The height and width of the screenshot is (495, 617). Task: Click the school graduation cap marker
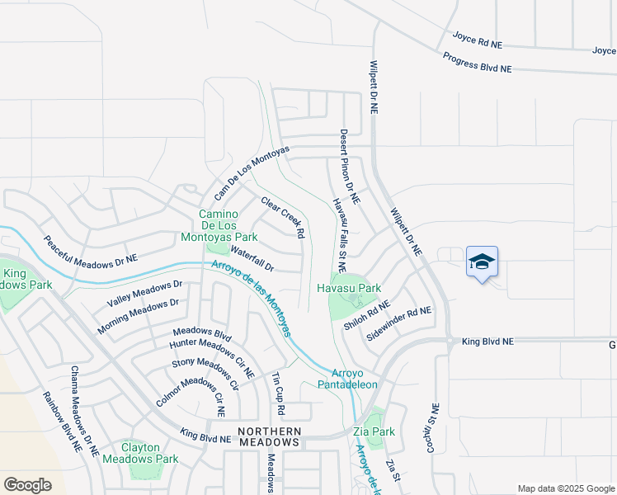click(482, 262)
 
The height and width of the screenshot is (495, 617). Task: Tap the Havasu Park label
click(349, 288)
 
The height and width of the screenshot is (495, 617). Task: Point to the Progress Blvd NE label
click(477, 62)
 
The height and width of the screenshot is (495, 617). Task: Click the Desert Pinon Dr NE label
click(350, 167)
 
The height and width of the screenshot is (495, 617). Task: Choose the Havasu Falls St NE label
click(338, 234)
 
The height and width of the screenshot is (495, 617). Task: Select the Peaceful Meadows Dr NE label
click(90, 251)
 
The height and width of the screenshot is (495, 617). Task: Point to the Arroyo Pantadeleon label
click(348, 379)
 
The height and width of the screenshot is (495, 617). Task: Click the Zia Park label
click(378, 431)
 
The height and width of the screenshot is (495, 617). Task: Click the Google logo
click(27, 485)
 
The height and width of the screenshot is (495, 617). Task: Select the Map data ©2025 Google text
click(565, 488)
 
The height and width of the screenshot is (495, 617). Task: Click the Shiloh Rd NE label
click(366, 316)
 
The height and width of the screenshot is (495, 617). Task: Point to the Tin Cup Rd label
click(278, 394)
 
